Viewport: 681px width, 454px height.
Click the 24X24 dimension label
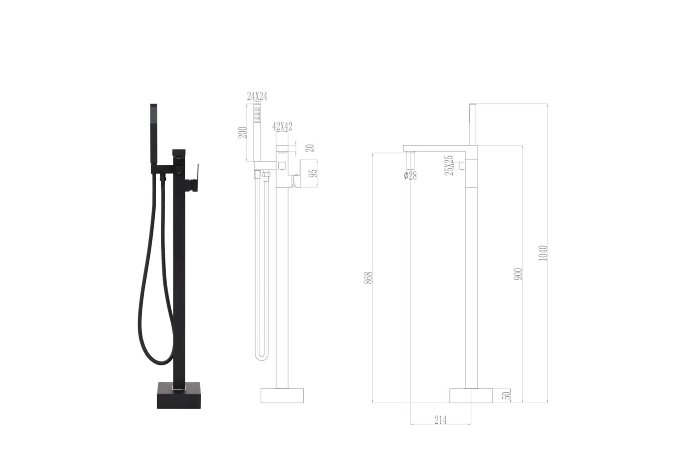[257, 96]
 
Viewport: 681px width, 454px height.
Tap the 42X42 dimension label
[282, 127]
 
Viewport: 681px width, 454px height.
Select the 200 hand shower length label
[242, 133]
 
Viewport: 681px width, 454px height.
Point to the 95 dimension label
[312, 173]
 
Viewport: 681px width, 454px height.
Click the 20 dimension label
[310, 148]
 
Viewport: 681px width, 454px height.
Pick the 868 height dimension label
[368, 278]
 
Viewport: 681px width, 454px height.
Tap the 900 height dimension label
[518, 274]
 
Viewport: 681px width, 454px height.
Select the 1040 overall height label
[543, 253]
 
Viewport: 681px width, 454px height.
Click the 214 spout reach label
[440, 420]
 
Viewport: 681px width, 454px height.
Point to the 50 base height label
[507, 395]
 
